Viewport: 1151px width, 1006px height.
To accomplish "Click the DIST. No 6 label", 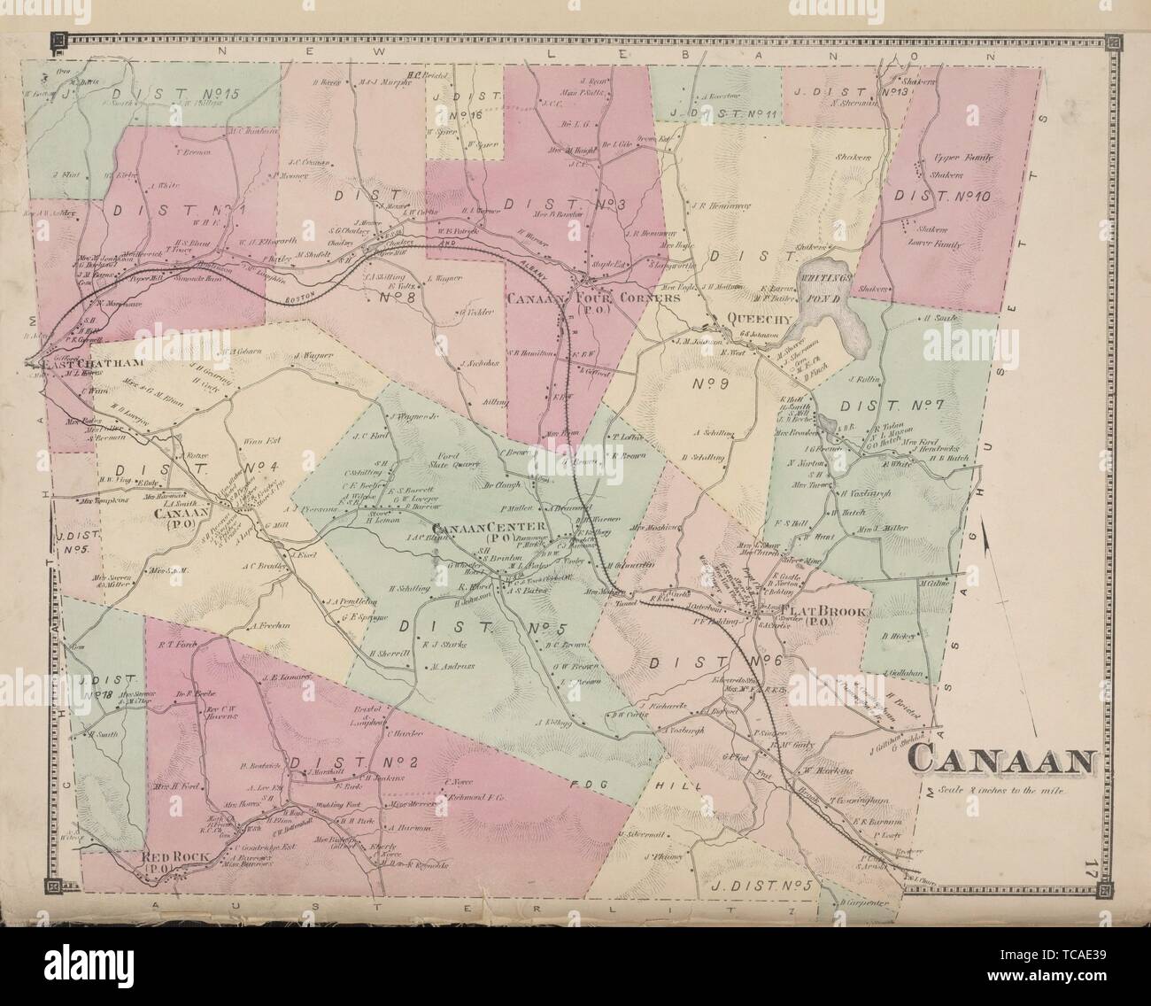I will point(717,662).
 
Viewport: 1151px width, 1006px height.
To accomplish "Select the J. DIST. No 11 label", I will point(723,113).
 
